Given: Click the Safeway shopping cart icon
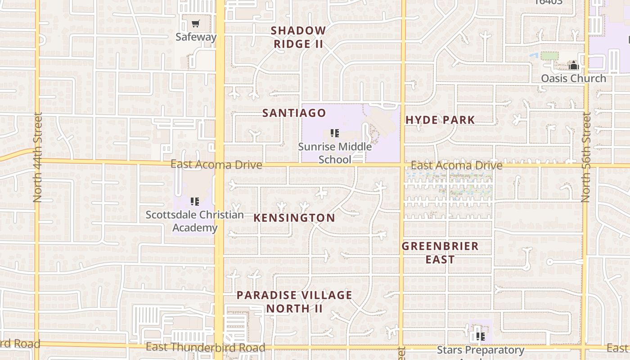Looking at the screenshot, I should coord(195,24).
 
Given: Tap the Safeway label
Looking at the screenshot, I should coord(196,37).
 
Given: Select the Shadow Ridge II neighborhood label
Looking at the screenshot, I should coord(298,37).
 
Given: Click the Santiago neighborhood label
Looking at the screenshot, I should coord(294,113).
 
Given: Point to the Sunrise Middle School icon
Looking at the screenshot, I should coord(334,133).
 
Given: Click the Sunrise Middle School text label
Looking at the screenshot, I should coord(335,153).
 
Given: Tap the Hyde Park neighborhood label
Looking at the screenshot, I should coord(440,120).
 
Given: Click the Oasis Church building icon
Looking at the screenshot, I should coord(573,66).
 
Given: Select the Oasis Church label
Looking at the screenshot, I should coord(573,78).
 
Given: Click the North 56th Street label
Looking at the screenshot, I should coord(585,157).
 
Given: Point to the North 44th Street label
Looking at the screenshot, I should coord(37,157).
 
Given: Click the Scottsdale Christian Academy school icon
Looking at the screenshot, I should coord(195,201).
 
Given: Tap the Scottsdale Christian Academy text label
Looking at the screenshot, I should coord(195,221).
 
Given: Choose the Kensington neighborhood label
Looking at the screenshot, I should coord(294,218).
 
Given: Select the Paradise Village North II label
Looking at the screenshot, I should coord(294,301).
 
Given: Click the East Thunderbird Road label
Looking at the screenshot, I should coord(205,347).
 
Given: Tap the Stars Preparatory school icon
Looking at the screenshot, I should coord(481,336).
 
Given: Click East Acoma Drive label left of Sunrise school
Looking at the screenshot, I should coord(216,165).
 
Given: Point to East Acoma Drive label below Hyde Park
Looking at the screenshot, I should coord(456,166).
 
